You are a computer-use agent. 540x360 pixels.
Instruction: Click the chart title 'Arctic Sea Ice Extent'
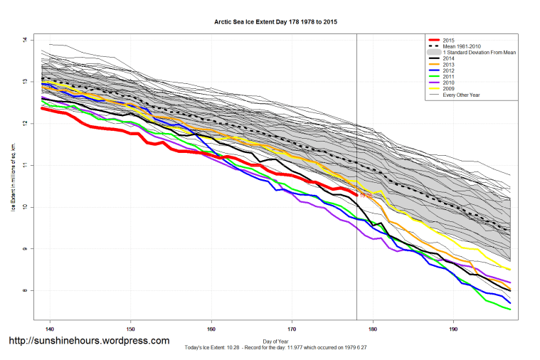pyautogui.click(x=275, y=22)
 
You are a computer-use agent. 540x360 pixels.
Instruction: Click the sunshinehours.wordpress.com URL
pyautogui.click(x=89, y=342)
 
